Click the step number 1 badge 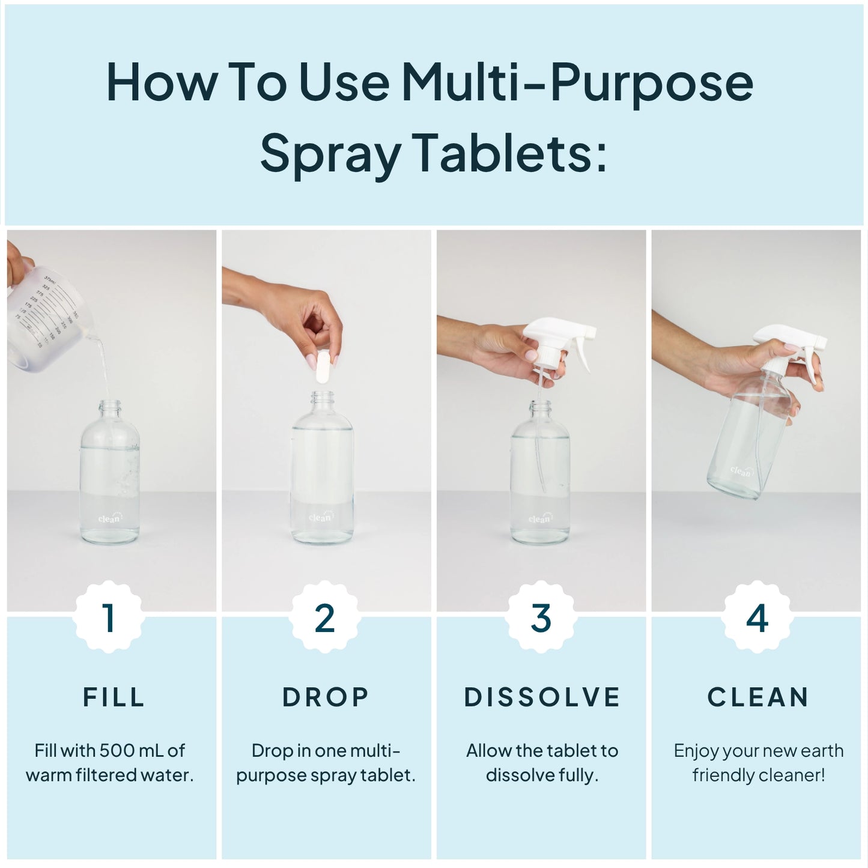point(109,617)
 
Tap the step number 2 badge point(324,617)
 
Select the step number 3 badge point(541,617)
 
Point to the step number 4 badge point(757,617)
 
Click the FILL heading point(114,697)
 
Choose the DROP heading point(326,697)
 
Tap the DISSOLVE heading point(542,697)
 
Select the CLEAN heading point(758,697)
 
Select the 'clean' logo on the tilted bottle point(741,471)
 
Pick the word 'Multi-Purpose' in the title point(577,83)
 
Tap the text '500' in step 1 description point(117,750)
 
